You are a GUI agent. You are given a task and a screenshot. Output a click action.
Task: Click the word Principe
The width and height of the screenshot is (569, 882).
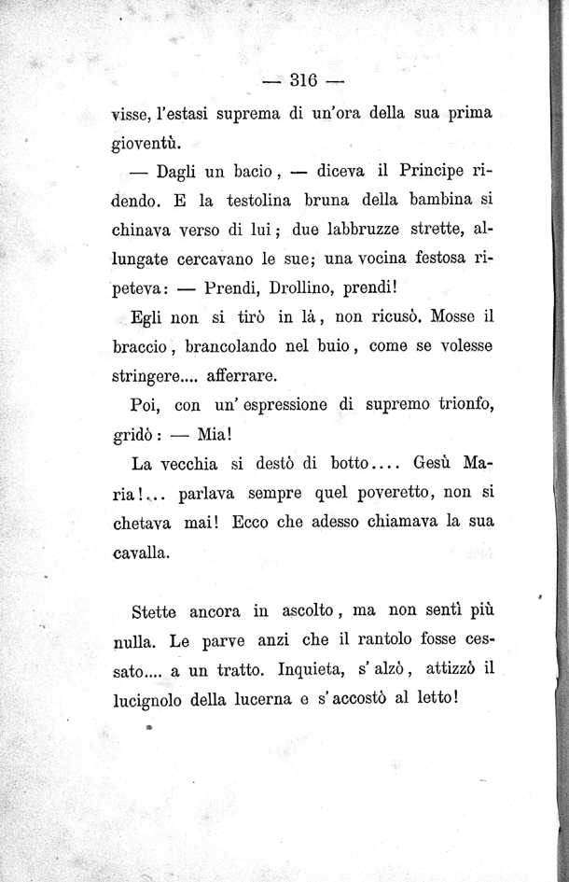pyautogui.click(x=437, y=171)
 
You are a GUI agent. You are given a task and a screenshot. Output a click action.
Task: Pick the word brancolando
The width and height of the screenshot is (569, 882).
pyautogui.click(x=241, y=346)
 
